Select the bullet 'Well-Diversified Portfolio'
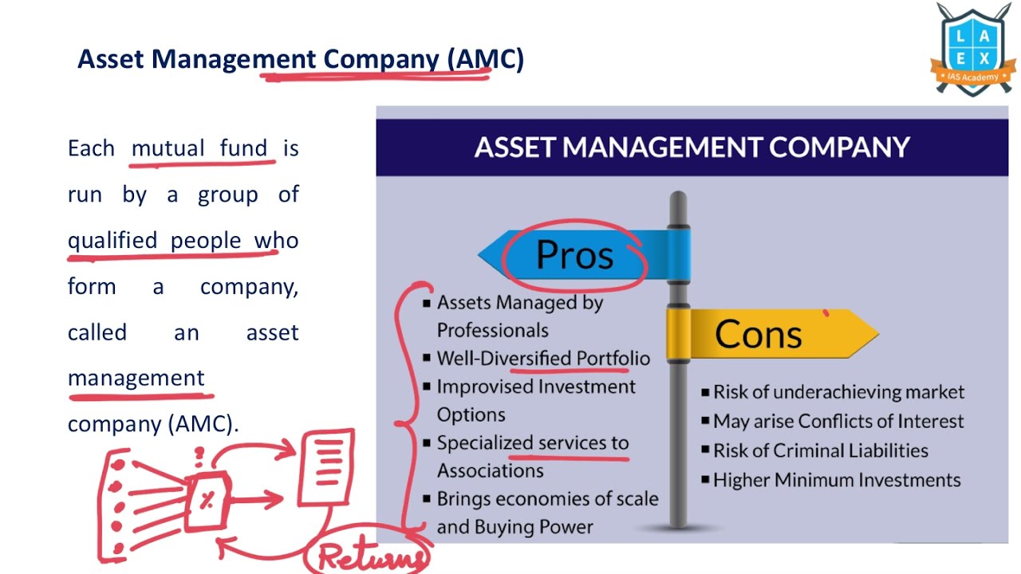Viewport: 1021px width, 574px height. [x=542, y=359]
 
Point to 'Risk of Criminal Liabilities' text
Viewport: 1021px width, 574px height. [x=820, y=450]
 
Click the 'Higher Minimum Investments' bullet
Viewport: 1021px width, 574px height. [x=836, y=480]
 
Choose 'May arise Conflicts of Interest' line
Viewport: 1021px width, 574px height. [x=838, y=421]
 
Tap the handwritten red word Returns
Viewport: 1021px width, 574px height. [x=371, y=556]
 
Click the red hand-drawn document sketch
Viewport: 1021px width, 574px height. [x=326, y=466]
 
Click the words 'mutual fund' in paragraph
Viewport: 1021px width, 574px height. [x=199, y=148]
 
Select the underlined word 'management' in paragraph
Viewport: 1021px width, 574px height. [x=136, y=378]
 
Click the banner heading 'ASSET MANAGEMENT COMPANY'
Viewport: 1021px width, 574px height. [x=692, y=147]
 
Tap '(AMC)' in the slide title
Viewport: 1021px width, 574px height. [x=485, y=59]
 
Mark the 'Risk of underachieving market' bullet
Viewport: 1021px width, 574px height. [x=838, y=392]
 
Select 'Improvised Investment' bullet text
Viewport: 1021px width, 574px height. [x=535, y=387]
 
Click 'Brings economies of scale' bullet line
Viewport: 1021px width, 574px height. [x=547, y=499]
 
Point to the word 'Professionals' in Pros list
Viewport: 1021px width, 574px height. [x=492, y=330]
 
